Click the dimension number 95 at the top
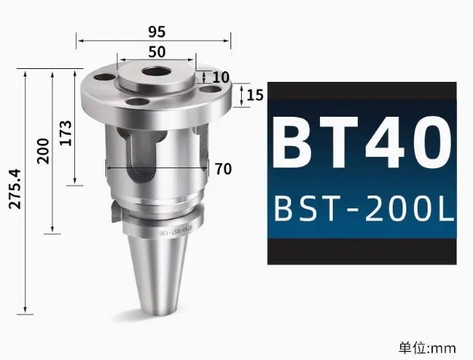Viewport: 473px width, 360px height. coord(157,32)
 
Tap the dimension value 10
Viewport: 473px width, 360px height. coord(219,77)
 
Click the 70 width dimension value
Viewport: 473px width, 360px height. coord(223,169)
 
